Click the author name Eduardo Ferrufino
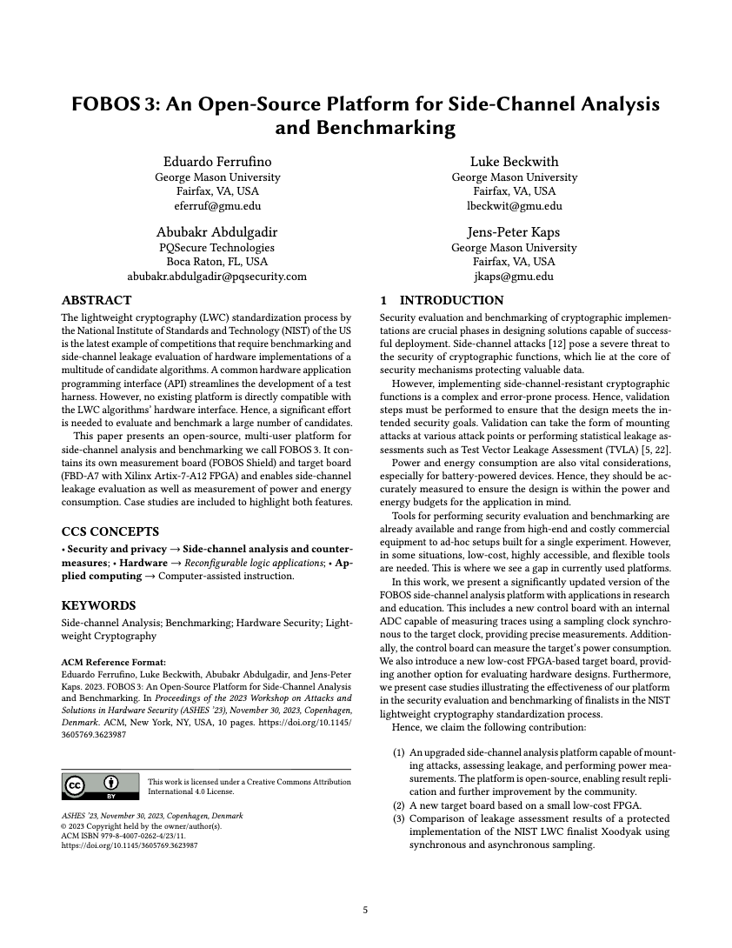[217, 161]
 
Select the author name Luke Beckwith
[514, 161]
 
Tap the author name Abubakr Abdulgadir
[217, 231]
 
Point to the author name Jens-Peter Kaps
[514, 231]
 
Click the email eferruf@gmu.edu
[217, 206]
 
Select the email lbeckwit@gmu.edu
[514, 206]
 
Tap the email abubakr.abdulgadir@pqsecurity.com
[217, 277]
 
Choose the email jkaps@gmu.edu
[514, 277]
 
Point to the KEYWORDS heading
[98, 605]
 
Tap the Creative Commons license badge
[100, 786]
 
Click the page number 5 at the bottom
[366, 911]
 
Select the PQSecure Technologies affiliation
[217, 247]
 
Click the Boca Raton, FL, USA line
[217, 262]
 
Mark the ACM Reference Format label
[113, 662]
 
